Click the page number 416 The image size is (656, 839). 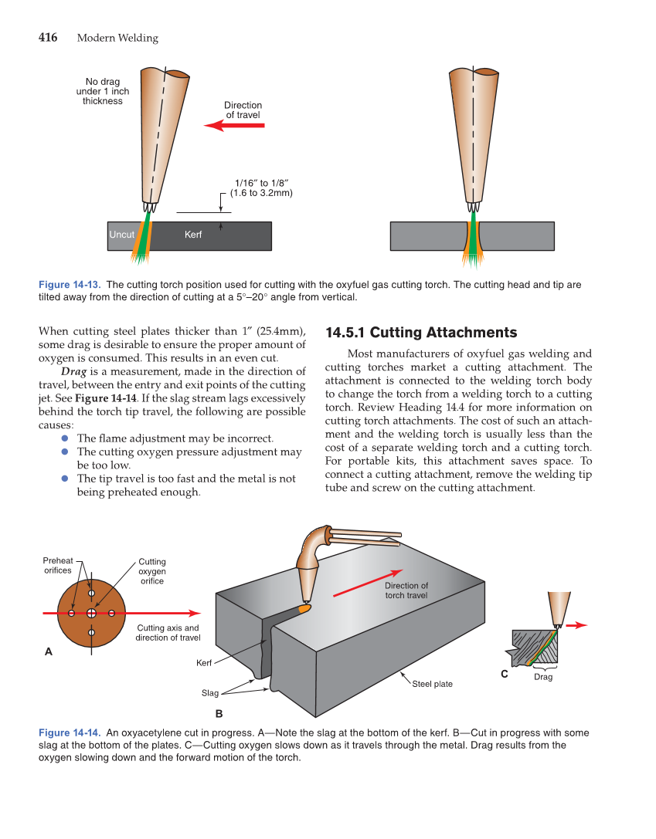pyautogui.click(x=48, y=38)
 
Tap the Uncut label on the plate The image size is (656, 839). pyautogui.click(x=122, y=235)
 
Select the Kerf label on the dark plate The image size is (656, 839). pyautogui.click(x=193, y=235)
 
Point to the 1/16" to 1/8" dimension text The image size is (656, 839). pyautogui.click(x=261, y=188)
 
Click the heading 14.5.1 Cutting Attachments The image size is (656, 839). pyautogui.click(x=421, y=333)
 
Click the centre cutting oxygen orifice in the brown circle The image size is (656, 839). pyautogui.click(x=91, y=613)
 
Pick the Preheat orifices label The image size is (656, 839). pyautogui.click(x=58, y=566)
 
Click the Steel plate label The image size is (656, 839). pyautogui.click(x=432, y=684)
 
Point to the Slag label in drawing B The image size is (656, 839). pyautogui.click(x=210, y=692)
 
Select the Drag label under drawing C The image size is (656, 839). pyautogui.click(x=543, y=677)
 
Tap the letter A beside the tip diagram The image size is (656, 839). pyautogui.click(x=49, y=651)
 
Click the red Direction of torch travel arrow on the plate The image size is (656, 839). pyautogui.click(x=369, y=584)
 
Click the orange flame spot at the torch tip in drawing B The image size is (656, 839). pyautogui.click(x=304, y=608)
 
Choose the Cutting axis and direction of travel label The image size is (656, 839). pyautogui.click(x=168, y=633)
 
